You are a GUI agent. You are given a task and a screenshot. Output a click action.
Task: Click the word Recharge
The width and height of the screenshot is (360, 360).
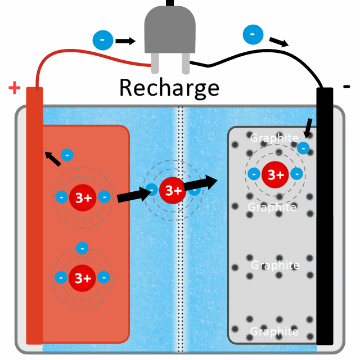169,88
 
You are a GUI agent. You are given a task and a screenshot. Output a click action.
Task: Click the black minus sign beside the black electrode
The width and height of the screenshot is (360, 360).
346,86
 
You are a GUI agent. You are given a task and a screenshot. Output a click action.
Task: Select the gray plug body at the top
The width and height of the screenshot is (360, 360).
170,34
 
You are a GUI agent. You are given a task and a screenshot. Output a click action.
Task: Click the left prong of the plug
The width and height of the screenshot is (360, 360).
155,65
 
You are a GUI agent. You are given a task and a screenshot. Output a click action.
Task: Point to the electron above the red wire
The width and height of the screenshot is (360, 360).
102,40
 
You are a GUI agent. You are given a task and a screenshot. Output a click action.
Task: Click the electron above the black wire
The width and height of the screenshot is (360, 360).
253,34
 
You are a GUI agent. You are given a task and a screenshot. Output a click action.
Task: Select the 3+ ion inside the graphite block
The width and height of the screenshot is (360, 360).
276,174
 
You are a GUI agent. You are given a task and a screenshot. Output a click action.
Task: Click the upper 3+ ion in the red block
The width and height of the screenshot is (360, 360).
83,197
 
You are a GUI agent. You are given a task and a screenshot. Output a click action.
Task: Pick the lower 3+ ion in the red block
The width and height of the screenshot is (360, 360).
83,277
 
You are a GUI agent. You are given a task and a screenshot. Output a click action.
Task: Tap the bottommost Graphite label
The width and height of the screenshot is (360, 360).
274,331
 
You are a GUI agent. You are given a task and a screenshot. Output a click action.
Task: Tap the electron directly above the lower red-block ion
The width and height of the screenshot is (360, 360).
83,247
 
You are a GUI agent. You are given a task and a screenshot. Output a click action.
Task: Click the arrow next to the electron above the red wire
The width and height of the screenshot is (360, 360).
125,40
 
